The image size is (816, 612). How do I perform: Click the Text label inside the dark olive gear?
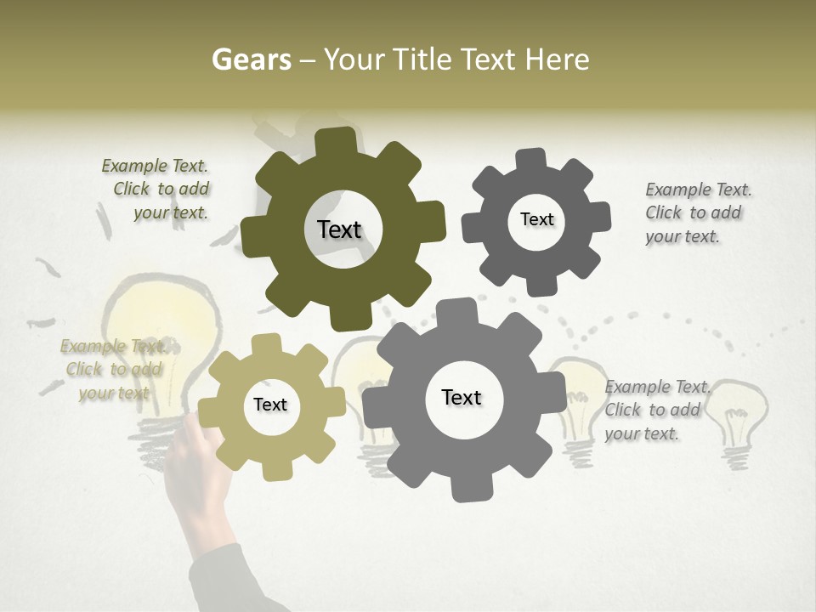tap(339, 229)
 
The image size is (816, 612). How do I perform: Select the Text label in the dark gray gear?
tap(536, 219)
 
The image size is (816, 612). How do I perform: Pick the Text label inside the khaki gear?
tap(270, 405)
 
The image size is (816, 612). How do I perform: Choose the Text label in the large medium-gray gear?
tap(462, 397)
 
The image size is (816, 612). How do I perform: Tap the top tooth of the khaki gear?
tap(266, 343)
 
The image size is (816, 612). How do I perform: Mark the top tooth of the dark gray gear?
tap(531, 160)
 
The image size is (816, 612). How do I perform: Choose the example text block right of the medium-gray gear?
tap(654, 410)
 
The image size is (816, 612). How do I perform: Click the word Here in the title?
tap(557, 59)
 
